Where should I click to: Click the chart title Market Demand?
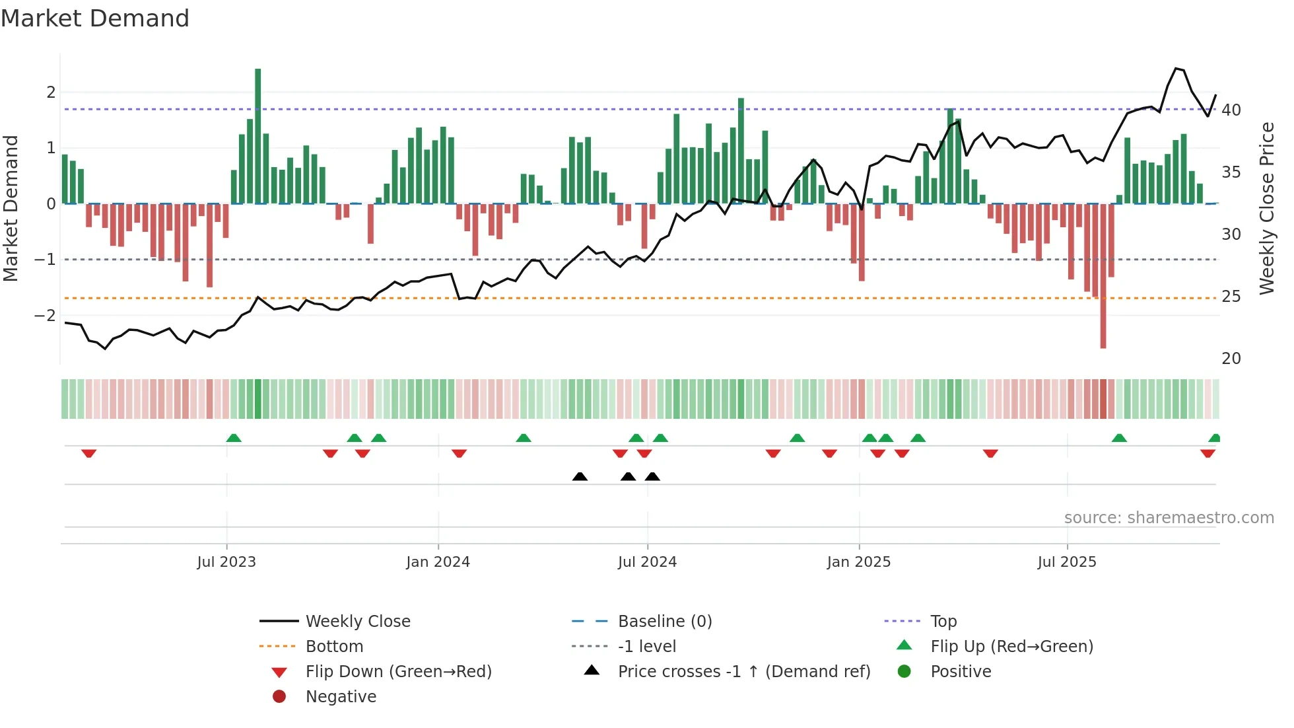tap(95, 18)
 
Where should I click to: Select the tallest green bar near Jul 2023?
tap(257, 135)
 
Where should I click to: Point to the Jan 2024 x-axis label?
tap(438, 562)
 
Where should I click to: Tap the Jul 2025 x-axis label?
tap(1066, 562)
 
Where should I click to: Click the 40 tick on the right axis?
tap(1231, 110)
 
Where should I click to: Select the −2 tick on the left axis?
tap(46, 315)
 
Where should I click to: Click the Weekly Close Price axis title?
tap(1266, 208)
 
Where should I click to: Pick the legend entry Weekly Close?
tap(357, 622)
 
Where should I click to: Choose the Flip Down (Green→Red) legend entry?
tap(398, 672)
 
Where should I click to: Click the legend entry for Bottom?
tap(334, 647)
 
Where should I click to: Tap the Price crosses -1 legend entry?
tap(743, 672)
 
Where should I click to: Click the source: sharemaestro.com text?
tap(1169, 518)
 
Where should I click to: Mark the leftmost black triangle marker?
tap(580, 476)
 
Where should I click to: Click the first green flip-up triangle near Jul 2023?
tap(234, 438)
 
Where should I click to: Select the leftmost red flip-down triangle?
tap(89, 453)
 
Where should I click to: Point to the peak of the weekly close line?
tap(1176, 69)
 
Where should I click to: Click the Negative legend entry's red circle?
tap(279, 697)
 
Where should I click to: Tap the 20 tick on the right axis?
tap(1231, 359)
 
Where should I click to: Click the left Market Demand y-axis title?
tap(11, 208)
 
